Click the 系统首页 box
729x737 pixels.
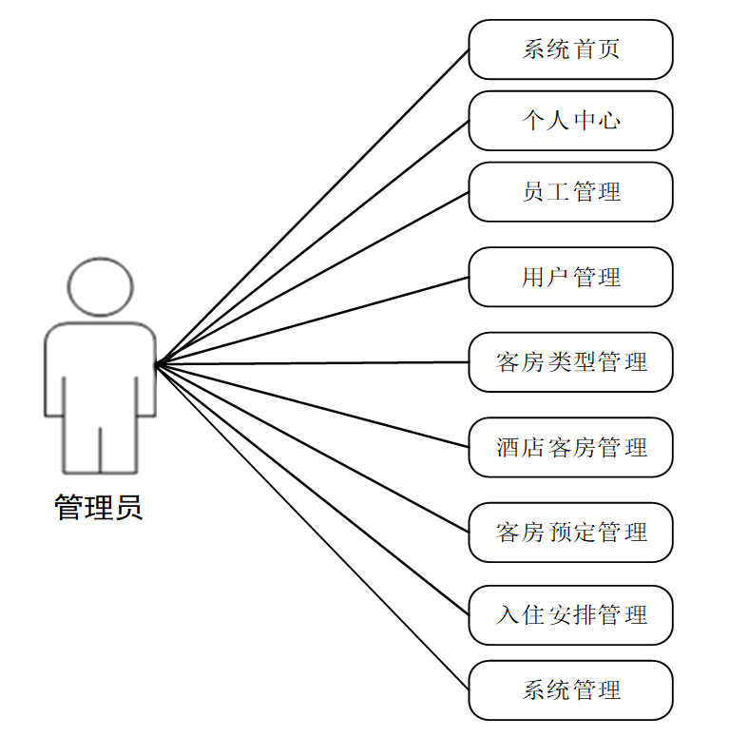point(570,49)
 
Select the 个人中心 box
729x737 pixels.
point(570,121)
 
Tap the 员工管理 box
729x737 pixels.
point(570,192)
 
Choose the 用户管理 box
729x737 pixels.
point(570,277)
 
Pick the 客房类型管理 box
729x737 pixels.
point(570,362)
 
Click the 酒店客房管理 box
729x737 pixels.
point(570,447)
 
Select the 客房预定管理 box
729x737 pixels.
point(570,532)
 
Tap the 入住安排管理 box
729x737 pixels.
point(570,615)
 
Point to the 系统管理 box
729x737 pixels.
point(570,689)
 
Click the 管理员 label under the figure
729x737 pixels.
point(99,508)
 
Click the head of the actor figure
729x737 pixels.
point(100,285)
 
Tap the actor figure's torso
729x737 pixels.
point(100,371)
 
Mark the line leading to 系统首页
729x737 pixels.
point(313,206)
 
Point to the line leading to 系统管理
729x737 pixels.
point(313,527)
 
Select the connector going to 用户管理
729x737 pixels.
point(313,320)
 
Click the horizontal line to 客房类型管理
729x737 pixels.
point(313,362)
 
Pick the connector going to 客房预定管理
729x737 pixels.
point(313,448)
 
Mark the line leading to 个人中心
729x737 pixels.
point(313,242)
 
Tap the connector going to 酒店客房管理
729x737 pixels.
point(313,405)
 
